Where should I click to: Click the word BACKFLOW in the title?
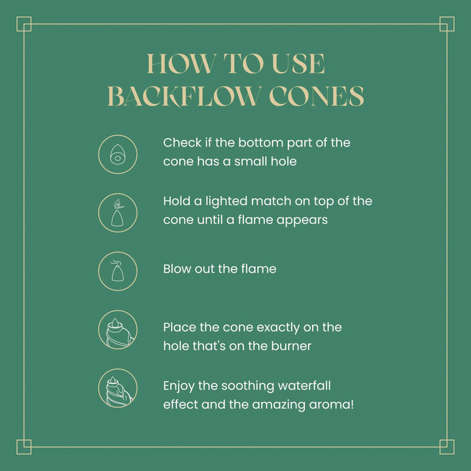coord(184,96)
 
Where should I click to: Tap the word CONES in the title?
coord(317,96)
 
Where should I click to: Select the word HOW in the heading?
coord(181,63)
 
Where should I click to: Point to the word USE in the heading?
coord(298,63)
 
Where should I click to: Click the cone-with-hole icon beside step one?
coord(118,154)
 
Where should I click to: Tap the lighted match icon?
coord(118,213)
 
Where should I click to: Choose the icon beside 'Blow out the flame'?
coord(118,271)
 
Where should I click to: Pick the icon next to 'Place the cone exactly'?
coord(118,330)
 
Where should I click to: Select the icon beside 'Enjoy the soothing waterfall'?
coord(118,388)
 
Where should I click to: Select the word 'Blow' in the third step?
coord(177,269)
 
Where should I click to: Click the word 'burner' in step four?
coord(291,346)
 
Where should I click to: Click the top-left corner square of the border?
coord(24,24)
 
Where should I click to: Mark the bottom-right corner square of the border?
coord(447,447)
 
